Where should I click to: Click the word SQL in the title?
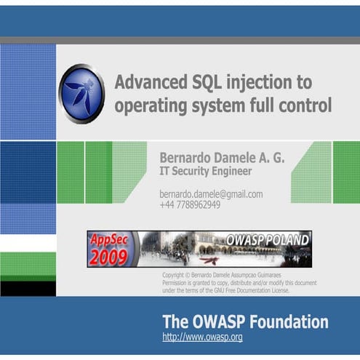click(195, 81)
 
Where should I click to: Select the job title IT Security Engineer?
click(206, 172)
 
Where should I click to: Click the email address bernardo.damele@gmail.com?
click(211, 194)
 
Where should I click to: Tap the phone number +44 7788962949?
click(190, 205)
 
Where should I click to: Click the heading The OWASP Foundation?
click(244, 321)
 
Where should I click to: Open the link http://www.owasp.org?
click(202, 337)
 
